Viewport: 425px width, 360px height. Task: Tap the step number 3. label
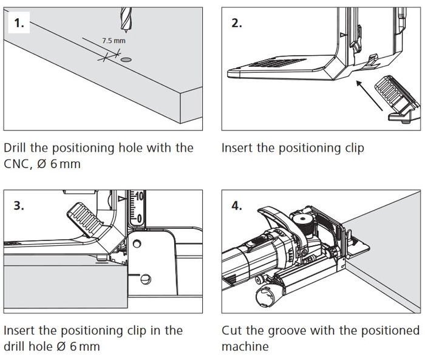pos(19,205)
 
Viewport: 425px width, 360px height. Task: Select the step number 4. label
pos(237,205)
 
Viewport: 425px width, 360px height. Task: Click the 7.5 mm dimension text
pos(114,41)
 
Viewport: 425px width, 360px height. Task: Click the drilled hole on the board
pos(126,61)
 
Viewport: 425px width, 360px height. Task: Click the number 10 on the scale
pos(139,197)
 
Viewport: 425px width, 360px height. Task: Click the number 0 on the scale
pos(139,217)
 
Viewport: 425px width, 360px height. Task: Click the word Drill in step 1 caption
pos(19,148)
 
